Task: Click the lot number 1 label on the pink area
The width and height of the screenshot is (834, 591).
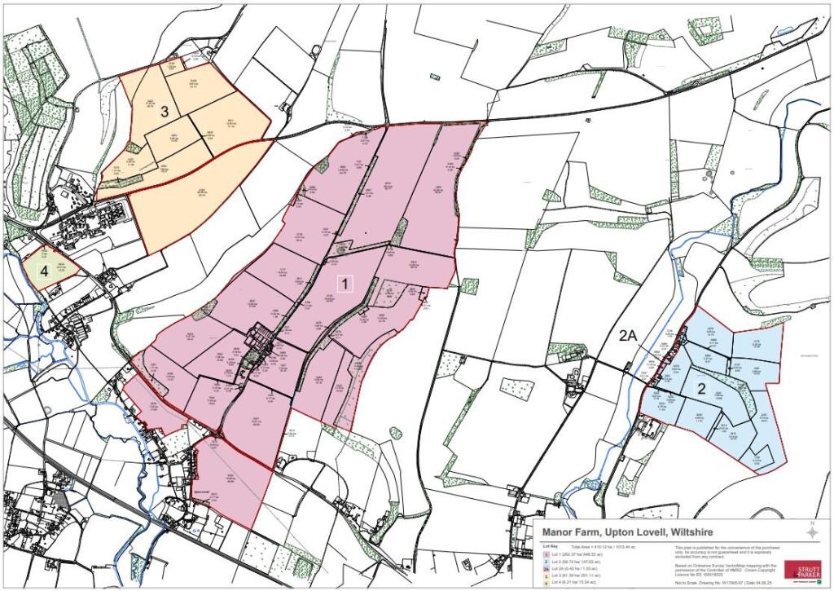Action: point(345,284)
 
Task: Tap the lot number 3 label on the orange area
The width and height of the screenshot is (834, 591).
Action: point(164,112)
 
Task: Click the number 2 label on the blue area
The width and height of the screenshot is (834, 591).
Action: point(700,389)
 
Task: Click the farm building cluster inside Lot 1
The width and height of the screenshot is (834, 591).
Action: point(262,340)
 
